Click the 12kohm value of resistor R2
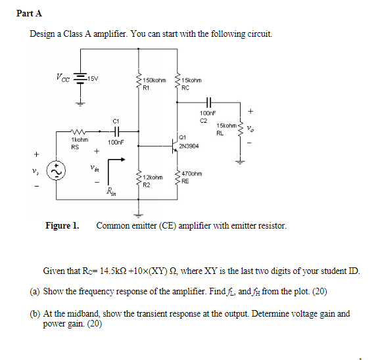(153, 177)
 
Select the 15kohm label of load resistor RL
(226, 125)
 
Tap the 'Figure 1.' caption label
(62, 226)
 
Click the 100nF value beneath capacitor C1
(116, 142)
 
